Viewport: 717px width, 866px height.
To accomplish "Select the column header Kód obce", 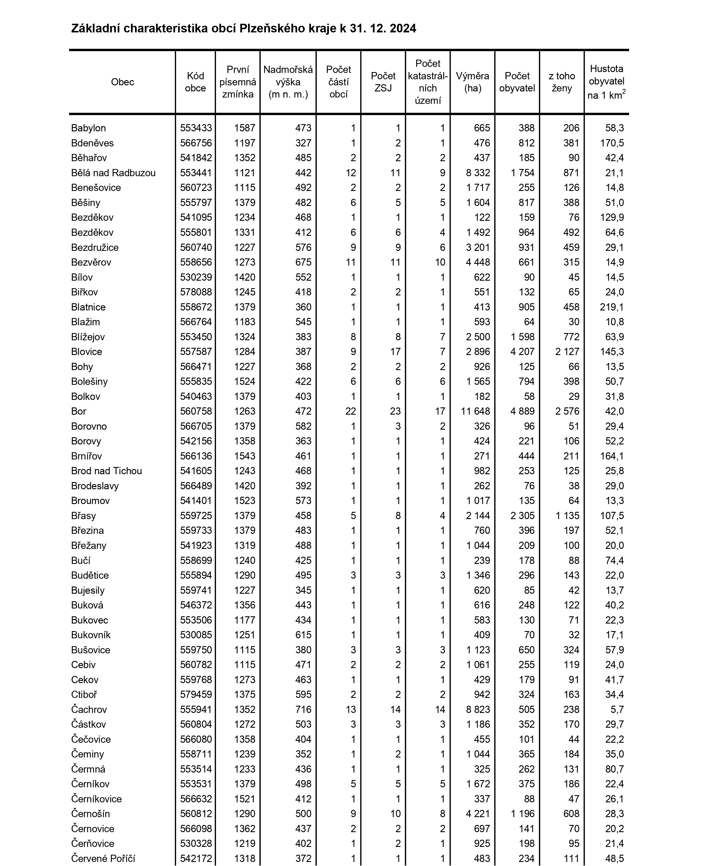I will point(195,82).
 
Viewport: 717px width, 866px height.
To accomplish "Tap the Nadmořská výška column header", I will point(288,82).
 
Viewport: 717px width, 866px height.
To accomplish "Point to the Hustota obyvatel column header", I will point(606,82).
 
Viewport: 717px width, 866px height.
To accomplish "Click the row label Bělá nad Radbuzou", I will point(113,173).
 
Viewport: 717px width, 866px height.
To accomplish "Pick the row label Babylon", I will point(88,128).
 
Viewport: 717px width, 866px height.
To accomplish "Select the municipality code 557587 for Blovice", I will point(196,352).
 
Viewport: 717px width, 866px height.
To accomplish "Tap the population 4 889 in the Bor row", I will point(522,411).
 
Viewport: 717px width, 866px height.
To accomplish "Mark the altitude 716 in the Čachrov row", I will point(303,709).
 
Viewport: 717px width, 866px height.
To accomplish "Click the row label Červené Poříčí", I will point(103,858).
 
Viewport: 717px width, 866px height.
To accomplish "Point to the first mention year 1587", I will point(245,128).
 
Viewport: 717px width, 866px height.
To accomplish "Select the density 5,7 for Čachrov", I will point(618,709).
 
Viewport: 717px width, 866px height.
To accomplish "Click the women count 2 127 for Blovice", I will point(568,352).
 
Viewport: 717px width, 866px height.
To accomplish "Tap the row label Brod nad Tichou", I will point(106,471).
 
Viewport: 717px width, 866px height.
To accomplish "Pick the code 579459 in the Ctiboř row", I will point(196,694).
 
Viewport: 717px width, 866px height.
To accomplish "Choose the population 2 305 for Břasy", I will point(522,516).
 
